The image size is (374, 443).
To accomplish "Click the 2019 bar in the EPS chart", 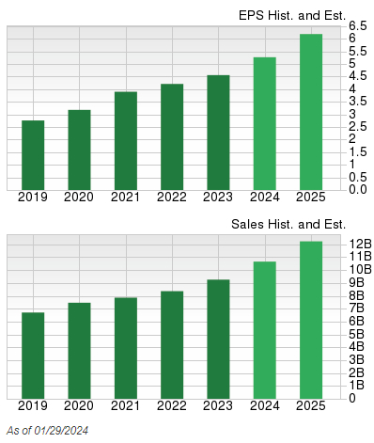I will pyautogui.click(x=33, y=155).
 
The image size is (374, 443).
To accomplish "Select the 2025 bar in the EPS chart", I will pyautogui.click(x=311, y=112).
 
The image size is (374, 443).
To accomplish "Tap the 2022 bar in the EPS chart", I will pyautogui.click(x=172, y=137).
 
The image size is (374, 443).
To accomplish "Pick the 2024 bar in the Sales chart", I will pyautogui.click(x=265, y=329).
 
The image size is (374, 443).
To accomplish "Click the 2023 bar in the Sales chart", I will pyautogui.click(x=218, y=339).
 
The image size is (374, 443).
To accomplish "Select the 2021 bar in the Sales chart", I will pyautogui.click(x=126, y=347).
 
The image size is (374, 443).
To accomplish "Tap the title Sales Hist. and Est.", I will pyautogui.click(x=288, y=224).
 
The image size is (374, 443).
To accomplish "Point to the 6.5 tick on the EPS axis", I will pyautogui.click(x=358, y=24).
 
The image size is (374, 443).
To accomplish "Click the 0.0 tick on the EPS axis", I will pyautogui.click(x=358, y=189).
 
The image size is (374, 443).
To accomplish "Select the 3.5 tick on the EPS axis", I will pyautogui.click(x=358, y=101).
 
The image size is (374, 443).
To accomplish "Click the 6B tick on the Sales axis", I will pyautogui.click(x=358, y=321).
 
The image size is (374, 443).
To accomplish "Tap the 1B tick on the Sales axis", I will pyautogui.click(x=358, y=385).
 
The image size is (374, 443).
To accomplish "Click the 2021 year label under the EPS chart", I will pyautogui.click(x=126, y=198).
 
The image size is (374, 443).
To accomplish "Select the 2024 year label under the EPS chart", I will pyautogui.click(x=265, y=198).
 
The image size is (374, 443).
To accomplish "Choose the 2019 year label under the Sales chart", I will pyautogui.click(x=33, y=406).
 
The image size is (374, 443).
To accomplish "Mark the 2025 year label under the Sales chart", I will pyautogui.click(x=311, y=406).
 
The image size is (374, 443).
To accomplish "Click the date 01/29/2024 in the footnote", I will pyautogui.click(x=62, y=431).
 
